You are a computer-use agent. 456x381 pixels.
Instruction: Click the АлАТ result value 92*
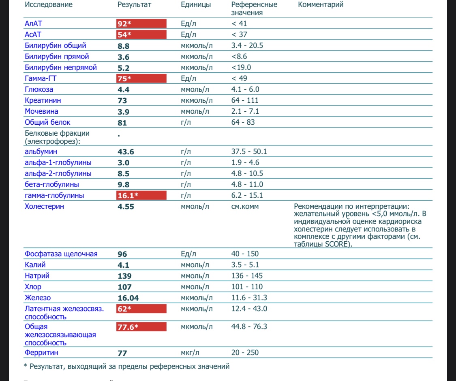[124, 24]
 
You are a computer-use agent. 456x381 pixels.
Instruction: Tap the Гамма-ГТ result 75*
[124, 78]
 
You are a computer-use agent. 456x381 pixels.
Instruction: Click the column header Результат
[134, 5]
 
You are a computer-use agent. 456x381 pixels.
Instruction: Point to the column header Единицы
[196, 5]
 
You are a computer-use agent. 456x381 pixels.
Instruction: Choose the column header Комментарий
[321, 5]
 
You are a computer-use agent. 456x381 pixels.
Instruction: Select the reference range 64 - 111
[244, 100]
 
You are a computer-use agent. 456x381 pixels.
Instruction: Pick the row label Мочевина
[41, 111]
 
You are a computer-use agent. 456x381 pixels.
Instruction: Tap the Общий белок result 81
[122, 122]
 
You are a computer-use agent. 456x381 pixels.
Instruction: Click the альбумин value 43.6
[126, 152]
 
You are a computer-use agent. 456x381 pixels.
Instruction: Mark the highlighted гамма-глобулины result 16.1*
[128, 195]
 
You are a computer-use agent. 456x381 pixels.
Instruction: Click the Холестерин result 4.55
[126, 206]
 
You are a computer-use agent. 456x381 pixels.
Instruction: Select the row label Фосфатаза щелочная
[61, 254]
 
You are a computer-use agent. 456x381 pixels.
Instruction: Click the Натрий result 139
[124, 276]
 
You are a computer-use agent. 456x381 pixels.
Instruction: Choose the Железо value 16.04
[128, 298]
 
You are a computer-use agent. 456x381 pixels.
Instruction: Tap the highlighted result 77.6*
[128, 327]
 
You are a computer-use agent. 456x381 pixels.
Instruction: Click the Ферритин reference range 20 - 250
[245, 353]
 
